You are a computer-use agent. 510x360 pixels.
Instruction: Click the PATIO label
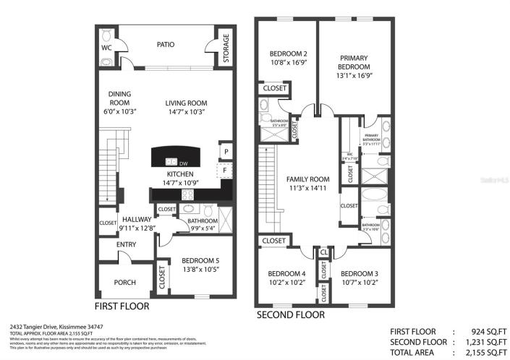pyautogui.click(x=166, y=44)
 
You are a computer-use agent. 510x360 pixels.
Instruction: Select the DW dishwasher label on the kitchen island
pyautogui.click(x=184, y=162)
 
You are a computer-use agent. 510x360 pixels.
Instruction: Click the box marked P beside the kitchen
pyautogui.click(x=226, y=151)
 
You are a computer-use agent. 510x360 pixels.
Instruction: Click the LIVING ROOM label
pyautogui.click(x=186, y=103)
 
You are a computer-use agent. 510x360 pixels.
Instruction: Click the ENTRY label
pyautogui.click(x=126, y=244)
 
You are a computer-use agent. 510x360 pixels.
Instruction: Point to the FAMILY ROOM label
pyautogui.click(x=308, y=179)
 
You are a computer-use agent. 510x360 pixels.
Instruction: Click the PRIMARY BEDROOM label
pyautogui.click(x=354, y=62)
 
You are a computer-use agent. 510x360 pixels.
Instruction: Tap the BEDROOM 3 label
pyautogui.click(x=360, y=274)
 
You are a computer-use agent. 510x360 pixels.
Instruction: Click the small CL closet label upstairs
pyautogui.click(x=322, y=252)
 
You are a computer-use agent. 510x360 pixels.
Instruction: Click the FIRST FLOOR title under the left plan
pyautogui.click(x=122, y=307)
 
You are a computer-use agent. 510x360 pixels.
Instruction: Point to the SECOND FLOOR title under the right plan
pyautogui.click(x=291, y=315)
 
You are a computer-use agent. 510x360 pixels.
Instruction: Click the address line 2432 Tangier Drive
pyautogui.click(x=55, y=327)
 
